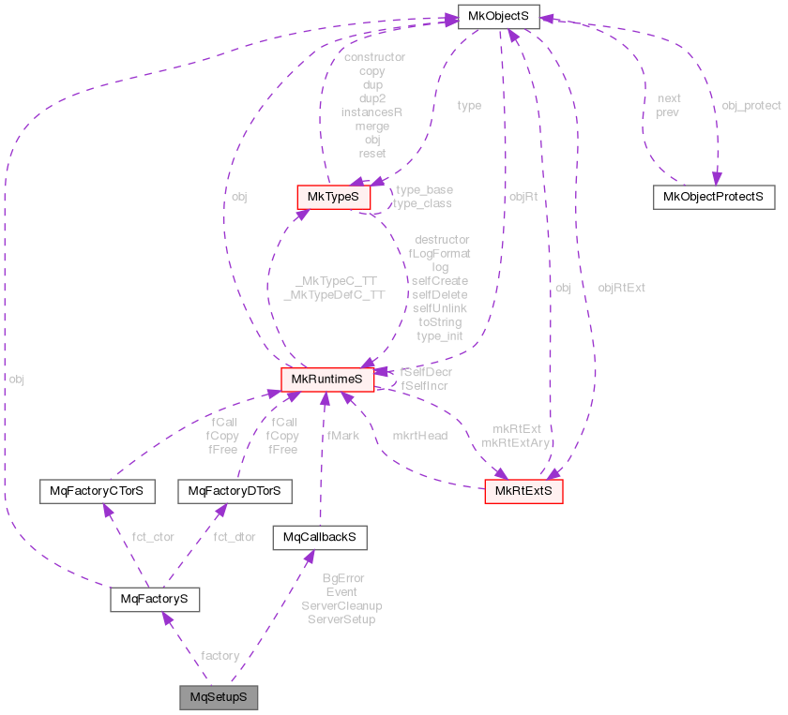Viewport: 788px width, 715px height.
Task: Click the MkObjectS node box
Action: point(495,16)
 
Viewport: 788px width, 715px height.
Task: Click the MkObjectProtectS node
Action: point(713,197)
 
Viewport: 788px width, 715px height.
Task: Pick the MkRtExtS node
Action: point(523,491)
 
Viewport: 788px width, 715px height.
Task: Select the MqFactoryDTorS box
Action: point(235,491)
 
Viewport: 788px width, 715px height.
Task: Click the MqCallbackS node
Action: point(318,537)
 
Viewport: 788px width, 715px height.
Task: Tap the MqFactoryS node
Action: point(155,599)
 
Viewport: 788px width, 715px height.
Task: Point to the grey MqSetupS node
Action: point(219,698)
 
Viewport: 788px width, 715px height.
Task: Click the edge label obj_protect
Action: point(750,106)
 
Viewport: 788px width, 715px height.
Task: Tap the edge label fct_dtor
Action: point(235,537)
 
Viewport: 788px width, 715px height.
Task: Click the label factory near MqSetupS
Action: point(220,655)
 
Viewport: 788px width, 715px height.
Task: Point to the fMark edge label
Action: point(342,435)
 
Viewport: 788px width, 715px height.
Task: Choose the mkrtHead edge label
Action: point(419,435)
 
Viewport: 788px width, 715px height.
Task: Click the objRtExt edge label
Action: point(621,288)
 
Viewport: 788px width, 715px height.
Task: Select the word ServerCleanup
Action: point(341,606)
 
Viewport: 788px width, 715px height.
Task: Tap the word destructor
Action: point(441,240)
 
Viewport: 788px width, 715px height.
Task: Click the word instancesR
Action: point(371,112)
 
